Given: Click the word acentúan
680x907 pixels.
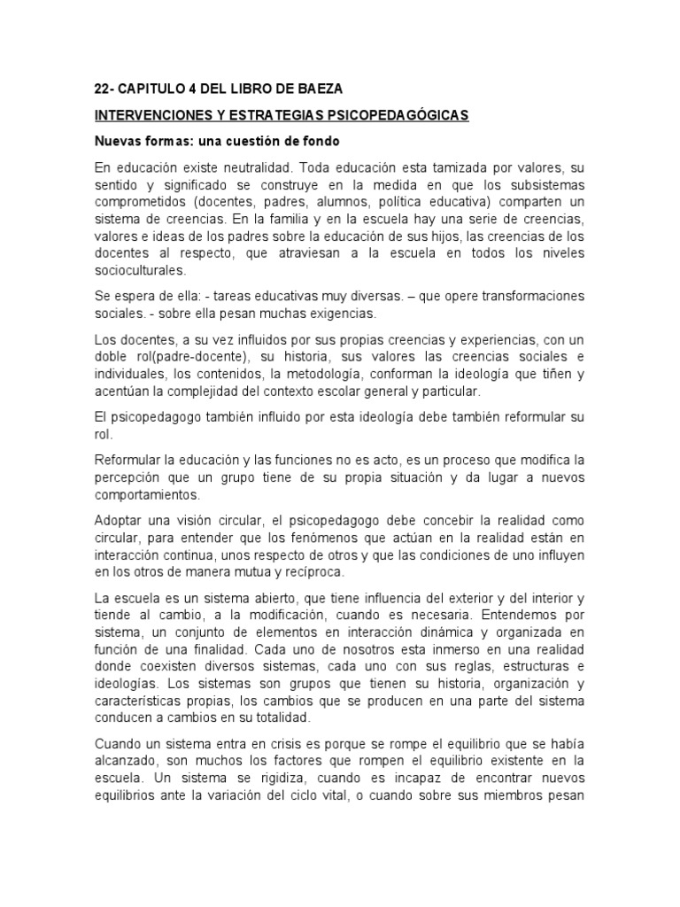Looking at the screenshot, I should pyautogui.click(x=123, y=391).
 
